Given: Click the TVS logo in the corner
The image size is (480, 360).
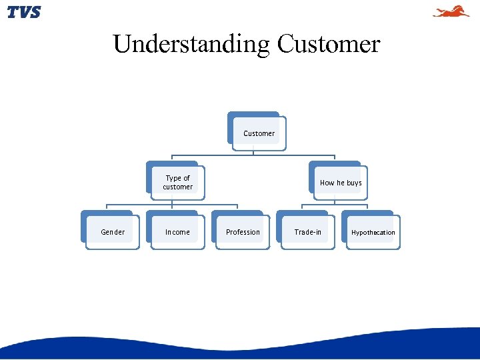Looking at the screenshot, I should click(x=24, y=12).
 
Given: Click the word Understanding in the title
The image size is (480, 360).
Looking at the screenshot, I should click(x=191, y=44).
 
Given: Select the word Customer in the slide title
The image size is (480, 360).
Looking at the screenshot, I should click(x=329, y=44).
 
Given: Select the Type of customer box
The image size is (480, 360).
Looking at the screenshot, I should click(x=177, y=182).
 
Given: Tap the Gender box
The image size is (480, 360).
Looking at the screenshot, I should click(x=112, y=232).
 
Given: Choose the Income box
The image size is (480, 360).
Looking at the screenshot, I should click(x=177, y=232).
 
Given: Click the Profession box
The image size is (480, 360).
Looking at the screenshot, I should click(x=242, y=232).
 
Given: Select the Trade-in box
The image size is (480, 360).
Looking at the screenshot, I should click(x=307, y=232).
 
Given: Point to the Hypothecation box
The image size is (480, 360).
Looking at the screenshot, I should click(x=372, y=232).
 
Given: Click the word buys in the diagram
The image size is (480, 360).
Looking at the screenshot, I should click(x=353, y=183).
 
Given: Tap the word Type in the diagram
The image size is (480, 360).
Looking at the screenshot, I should click(x=173, y=178).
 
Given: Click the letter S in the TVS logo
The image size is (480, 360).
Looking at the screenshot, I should click(x=35, y=12).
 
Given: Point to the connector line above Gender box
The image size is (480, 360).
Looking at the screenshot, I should click(x=107, y=207).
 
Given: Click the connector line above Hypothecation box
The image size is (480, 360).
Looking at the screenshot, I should click(x=367, y=207).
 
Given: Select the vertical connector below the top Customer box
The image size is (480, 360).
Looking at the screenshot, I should click(x=253, y=149).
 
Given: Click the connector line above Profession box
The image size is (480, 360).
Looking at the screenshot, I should click(x=237, y=207).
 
